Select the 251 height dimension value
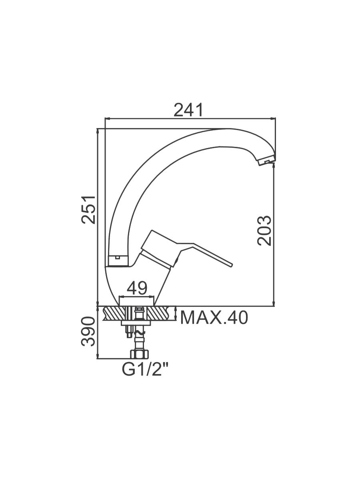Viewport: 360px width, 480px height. point(88,210)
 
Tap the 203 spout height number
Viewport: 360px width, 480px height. point(264,231)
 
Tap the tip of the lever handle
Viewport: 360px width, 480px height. point(231,265)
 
